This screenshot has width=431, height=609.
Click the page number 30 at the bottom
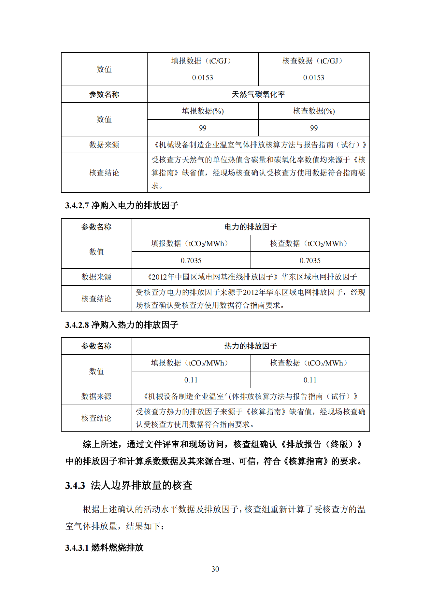tap(215, 569)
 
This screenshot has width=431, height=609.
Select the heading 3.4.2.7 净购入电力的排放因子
tap(122, 205)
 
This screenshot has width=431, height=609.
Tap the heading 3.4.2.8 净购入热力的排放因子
tap(122, 325)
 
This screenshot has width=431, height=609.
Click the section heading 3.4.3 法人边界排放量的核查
tap(128, 485)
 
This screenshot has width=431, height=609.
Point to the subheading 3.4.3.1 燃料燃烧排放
tap(104, 547)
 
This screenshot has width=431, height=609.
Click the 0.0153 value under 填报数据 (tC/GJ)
tap(202, 78)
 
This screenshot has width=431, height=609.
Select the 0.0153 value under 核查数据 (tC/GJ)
tap(313, 78)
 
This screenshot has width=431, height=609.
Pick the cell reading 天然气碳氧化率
tap(258, 94)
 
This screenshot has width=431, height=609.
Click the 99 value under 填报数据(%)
tap(202, 128)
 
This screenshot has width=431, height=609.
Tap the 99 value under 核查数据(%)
tap(314, 128)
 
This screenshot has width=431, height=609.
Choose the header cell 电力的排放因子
tap(251, 227)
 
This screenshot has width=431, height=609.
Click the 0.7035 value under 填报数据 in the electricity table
tap(191, 260)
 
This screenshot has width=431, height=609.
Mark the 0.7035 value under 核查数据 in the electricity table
tap(310, 260)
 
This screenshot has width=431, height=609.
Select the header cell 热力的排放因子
tap(251, 346)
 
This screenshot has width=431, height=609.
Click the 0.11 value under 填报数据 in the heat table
tap(191, 380)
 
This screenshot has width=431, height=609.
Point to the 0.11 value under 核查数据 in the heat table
tap(310, 380)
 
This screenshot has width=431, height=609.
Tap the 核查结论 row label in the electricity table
tap(96, 299)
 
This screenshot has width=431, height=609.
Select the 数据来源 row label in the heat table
tap(96, 396)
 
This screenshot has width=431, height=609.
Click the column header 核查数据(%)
tap(314, 111)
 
